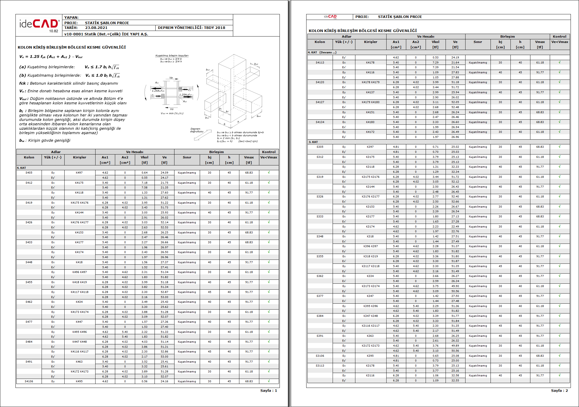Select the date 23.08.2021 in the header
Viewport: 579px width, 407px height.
point(96,28)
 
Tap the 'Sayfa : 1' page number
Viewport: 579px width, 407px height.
point(268,390)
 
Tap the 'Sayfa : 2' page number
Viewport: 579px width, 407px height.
point(559,390)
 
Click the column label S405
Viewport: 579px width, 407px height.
point(29,173)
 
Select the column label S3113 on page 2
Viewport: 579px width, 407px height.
point(320,366)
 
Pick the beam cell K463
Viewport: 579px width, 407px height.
point(79,362)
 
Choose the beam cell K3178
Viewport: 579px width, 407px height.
point(370,366)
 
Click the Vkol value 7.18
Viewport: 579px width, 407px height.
point(144,183)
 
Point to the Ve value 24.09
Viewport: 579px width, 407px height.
point(164,173)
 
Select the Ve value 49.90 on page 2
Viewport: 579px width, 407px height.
point(455,286)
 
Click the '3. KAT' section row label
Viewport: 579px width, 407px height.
point(313,142)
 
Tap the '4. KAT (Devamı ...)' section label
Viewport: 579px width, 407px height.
point(322,52)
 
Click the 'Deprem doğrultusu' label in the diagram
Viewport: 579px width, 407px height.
point(196,130)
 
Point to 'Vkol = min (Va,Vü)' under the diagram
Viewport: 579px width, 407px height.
point(172,113)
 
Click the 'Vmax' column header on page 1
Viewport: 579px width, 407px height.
point(249,157)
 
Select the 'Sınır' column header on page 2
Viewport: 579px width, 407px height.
point(478,42)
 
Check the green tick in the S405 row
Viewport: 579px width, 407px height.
point(269,172)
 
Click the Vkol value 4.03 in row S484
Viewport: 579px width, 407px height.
point(144,342)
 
